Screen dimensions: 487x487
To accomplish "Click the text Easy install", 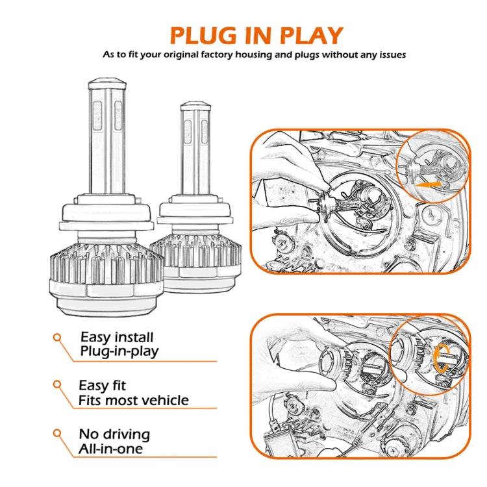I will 117,337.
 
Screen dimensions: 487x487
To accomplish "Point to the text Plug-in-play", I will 119,351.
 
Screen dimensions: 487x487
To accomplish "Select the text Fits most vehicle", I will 133,400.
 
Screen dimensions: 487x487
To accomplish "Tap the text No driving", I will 114,434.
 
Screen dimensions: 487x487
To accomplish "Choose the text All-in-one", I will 111,448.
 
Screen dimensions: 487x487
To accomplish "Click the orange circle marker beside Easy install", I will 57,337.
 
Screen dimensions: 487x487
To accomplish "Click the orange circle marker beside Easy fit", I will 57,386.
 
